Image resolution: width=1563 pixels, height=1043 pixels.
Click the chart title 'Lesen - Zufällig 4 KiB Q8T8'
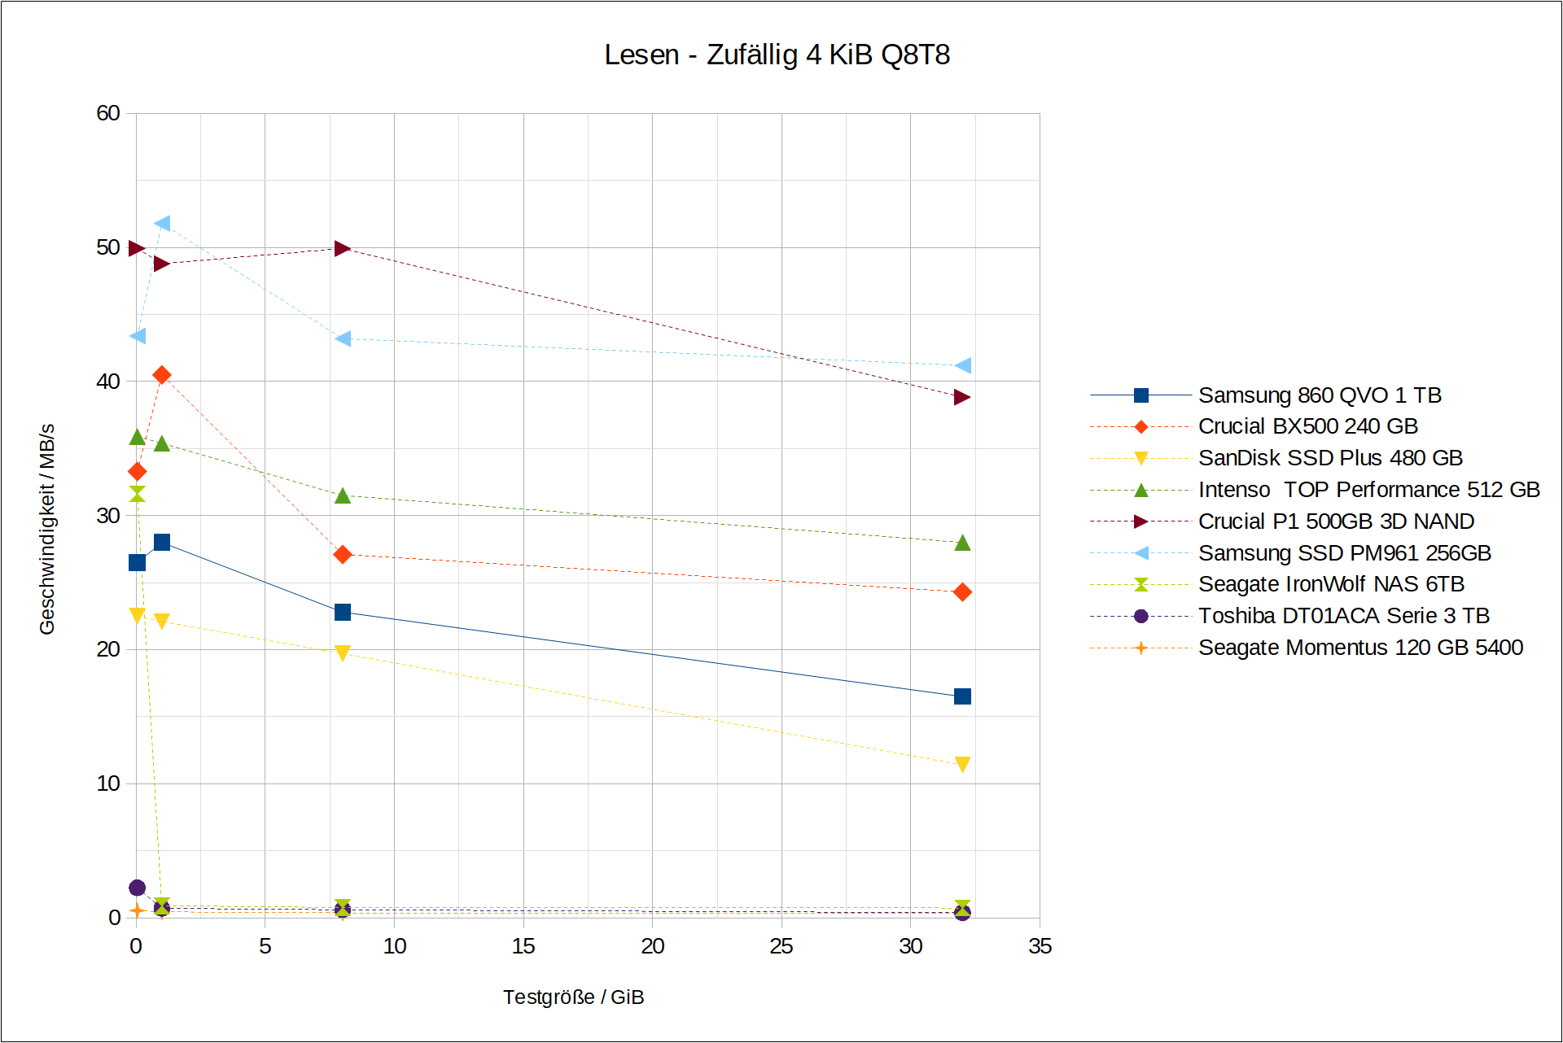coord(777,55)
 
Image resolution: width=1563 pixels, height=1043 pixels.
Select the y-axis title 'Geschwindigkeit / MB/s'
coord(47,529)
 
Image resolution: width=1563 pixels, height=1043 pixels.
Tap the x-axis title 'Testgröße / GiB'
coord(573,997)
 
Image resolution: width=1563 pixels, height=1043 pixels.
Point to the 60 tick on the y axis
coord(108,113)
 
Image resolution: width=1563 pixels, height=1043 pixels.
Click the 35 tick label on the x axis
coord(1040,946)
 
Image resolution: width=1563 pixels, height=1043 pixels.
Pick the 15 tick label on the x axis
coord(523,946)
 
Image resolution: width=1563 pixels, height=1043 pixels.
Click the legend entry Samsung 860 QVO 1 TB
coord(1319,395)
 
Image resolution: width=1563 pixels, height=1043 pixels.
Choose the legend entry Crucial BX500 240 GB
coord(1307,426)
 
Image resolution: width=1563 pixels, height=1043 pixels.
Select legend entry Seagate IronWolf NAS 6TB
coord(1330,584)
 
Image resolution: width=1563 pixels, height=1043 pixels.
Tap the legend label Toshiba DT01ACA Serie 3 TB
coord(1343,616)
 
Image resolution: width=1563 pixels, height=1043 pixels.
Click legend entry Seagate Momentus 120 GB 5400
coord(1359,648)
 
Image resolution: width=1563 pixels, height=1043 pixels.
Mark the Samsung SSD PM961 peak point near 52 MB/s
coord(162,224)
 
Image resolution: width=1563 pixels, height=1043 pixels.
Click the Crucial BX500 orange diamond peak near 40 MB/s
coord(162,375)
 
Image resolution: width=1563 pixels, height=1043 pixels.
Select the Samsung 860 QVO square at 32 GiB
coord(962,696)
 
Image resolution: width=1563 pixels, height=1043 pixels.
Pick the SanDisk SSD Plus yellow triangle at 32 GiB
coord(962,764)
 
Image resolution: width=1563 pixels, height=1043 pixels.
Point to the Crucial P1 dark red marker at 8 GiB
coord(343,248)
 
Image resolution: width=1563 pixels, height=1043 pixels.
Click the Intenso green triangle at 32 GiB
coord(962,543)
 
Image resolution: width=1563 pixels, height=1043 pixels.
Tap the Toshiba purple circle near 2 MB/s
coord(137,888)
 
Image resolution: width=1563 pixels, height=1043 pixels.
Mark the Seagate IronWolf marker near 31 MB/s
coord(137,494)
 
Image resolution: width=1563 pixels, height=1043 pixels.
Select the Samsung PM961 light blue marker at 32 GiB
coord(962,366)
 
